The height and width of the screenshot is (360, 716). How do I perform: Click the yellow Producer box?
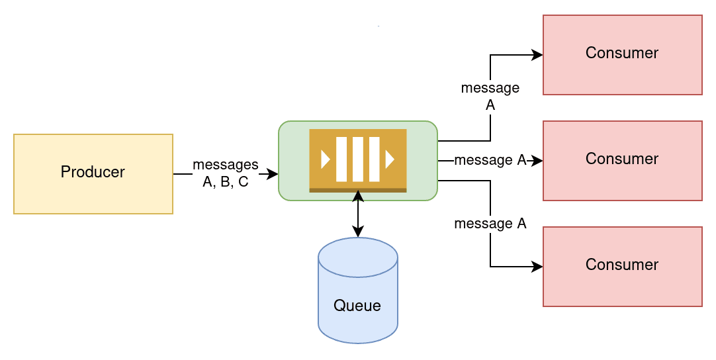[93, 173]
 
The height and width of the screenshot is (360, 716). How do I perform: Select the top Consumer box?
[623, 55]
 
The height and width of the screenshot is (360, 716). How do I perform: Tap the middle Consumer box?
[623, 161]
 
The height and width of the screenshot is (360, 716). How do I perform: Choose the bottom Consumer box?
[623, 266]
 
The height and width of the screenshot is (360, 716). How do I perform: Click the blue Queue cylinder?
[357, 290]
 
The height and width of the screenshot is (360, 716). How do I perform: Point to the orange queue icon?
[358, 161]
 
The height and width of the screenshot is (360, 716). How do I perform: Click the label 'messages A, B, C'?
[226, 173]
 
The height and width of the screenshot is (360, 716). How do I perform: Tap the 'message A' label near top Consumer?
[490, 96]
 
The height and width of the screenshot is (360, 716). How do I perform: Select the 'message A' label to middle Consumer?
[490, 160]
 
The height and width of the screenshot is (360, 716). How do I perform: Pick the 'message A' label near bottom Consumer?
[490, 224]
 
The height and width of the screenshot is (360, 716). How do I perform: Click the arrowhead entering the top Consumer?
[537, 55]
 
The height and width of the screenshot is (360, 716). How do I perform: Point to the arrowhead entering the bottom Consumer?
[537, 266]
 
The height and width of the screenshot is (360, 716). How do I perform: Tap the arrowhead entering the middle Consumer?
[537, 161]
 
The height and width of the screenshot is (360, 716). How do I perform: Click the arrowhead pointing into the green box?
[273, 173]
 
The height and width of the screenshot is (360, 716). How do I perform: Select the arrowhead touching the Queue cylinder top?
[358, 232]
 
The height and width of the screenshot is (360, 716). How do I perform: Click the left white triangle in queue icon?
[325, 159]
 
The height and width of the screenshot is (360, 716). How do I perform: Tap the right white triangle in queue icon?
[390, 159]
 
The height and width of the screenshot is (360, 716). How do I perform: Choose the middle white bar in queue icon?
[358, 159]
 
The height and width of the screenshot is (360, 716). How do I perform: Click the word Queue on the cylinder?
[357, 305]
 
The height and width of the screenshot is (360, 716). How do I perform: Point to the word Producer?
[93, 172]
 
